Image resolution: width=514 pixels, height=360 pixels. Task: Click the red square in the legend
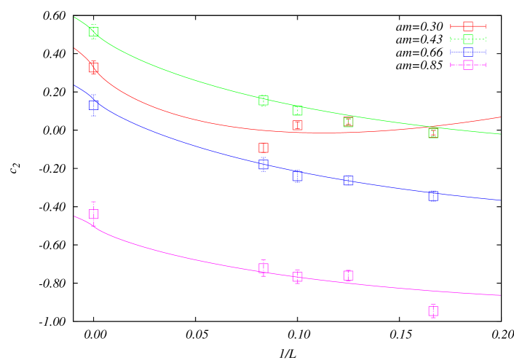468,26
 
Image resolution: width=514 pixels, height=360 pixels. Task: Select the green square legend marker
468,39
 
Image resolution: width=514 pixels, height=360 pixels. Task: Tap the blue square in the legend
468,52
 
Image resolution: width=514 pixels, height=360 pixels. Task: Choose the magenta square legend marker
468,65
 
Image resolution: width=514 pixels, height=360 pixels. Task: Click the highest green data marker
94,31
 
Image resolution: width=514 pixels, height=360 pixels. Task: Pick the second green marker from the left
264,101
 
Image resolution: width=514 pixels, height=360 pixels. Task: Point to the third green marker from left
297,111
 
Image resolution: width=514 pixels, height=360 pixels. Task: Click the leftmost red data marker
94,67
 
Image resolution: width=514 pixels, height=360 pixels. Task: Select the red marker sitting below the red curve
264,148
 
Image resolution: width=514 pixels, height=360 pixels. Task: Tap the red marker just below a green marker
297,125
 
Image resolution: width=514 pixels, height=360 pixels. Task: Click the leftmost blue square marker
94,105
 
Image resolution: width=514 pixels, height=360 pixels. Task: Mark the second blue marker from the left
264,165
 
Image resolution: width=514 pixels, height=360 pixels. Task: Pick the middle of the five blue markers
297,176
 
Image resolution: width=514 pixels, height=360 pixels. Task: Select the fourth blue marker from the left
348,181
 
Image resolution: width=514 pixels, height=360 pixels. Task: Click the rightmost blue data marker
433,196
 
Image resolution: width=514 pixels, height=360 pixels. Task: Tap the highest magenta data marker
94,214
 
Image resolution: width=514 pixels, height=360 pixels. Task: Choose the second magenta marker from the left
264,268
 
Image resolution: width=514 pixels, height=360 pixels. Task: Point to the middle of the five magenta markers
297,277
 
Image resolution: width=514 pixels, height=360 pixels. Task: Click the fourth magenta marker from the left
348,275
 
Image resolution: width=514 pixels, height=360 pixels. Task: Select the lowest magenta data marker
433,311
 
